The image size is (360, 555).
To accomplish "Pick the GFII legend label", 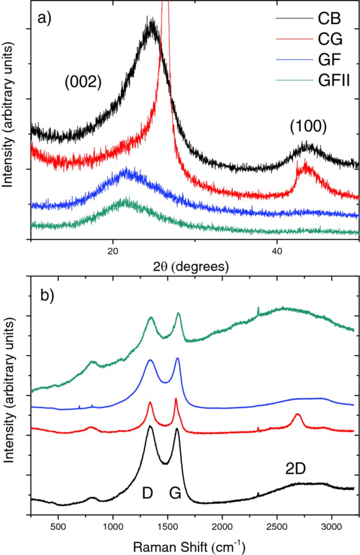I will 334,80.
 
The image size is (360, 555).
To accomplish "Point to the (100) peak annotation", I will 308,126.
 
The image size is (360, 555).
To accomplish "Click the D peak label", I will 148,493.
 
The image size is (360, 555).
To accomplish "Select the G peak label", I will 175,493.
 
